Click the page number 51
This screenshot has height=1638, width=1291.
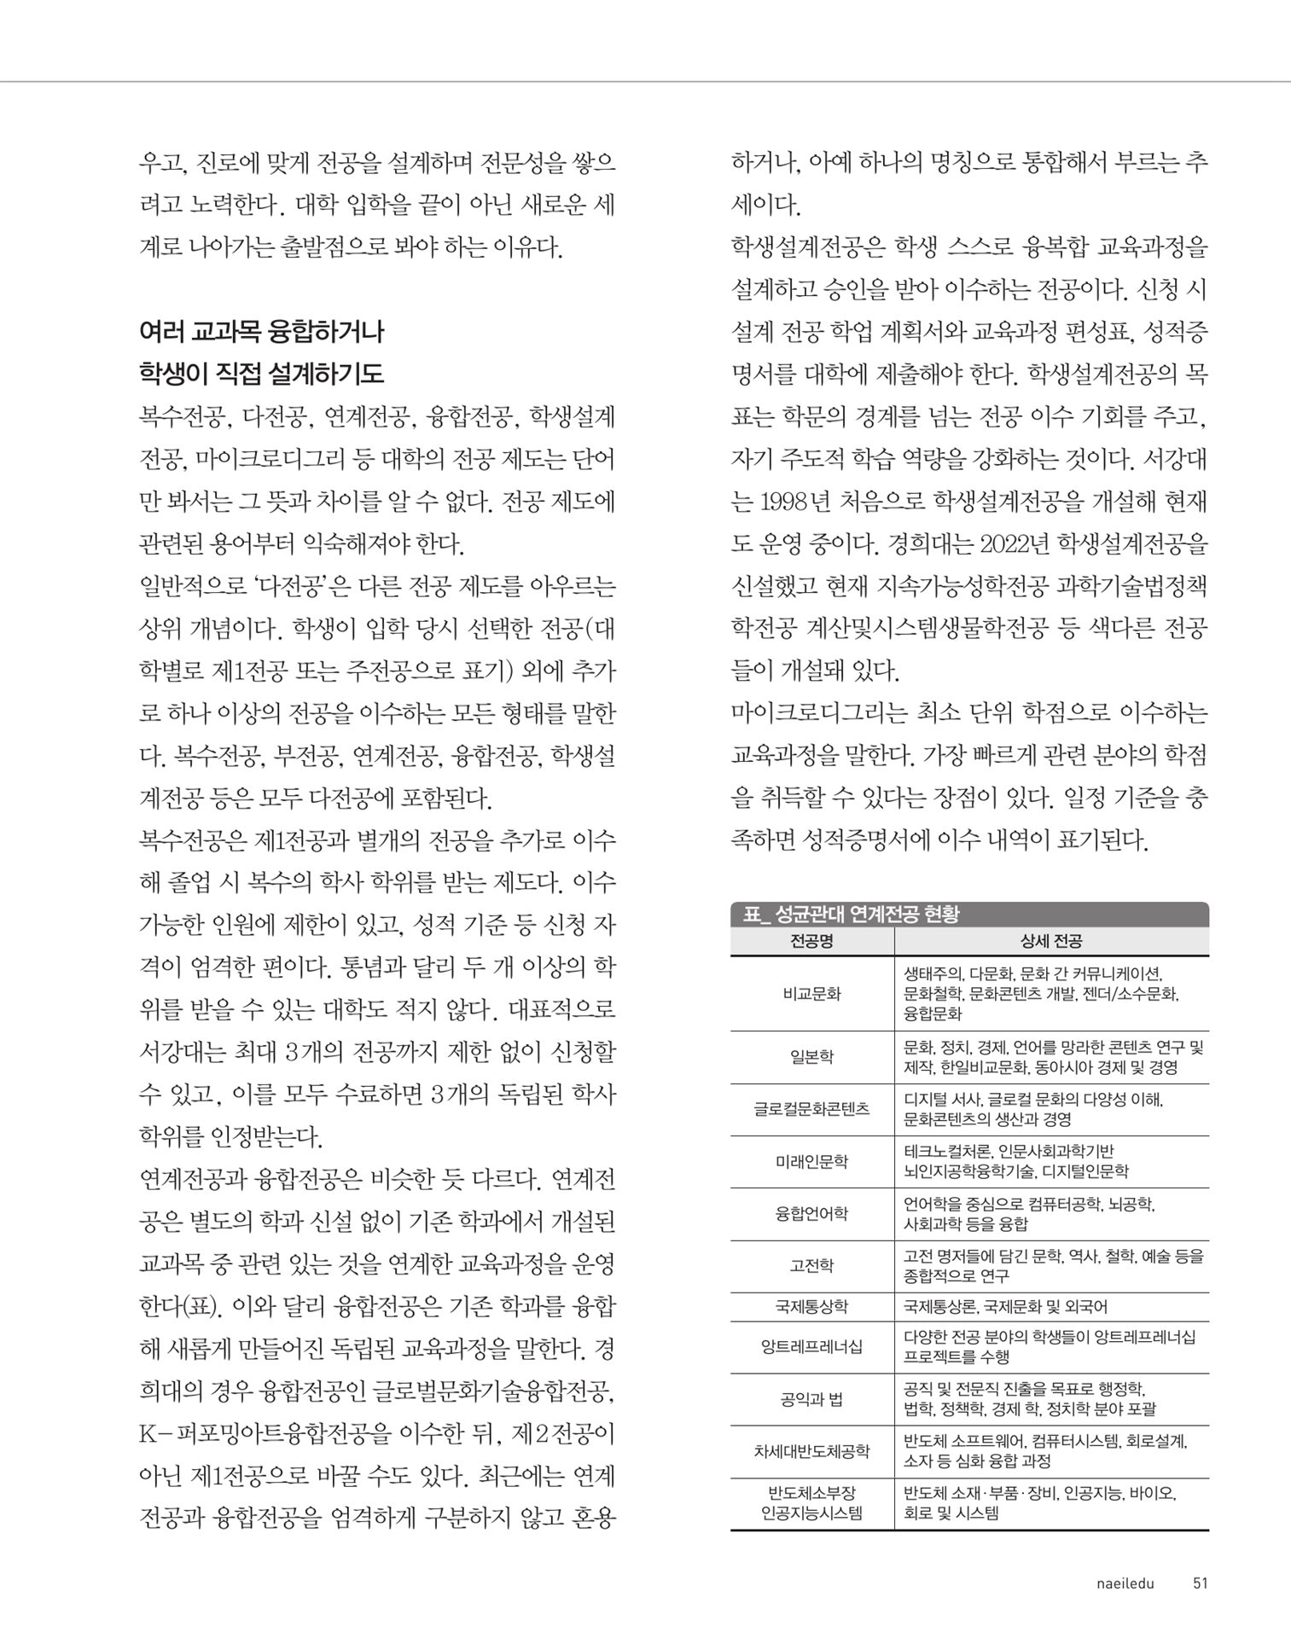[x=1200, y=1583]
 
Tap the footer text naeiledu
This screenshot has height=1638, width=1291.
[x=1125, y=1583]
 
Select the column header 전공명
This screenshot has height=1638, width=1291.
[x=811, y=941]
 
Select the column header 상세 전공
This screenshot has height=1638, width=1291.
[x=1051, y=941]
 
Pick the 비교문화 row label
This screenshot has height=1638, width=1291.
[x=811, y=993]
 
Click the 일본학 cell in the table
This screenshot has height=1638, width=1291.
[x=811, y=1057]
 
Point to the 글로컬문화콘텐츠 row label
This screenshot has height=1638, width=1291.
[x=811, y=1109]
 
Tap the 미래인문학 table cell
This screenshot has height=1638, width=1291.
[x=811, y=1161]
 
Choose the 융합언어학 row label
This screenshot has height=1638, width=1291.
[x=811, y=1213]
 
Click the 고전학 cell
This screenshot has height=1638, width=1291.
[x=811, y=1266]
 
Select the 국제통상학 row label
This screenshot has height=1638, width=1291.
[x=811, y=1306]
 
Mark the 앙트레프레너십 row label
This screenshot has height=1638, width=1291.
[x=811, y=1346]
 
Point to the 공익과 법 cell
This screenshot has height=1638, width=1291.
[x=811, y=1399]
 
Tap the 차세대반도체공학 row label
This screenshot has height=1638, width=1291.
[x=811, y=1450]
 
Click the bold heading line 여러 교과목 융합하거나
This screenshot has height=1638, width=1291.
[x=262, y=331]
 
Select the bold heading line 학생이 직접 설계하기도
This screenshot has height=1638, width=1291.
[x=262, y=374]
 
